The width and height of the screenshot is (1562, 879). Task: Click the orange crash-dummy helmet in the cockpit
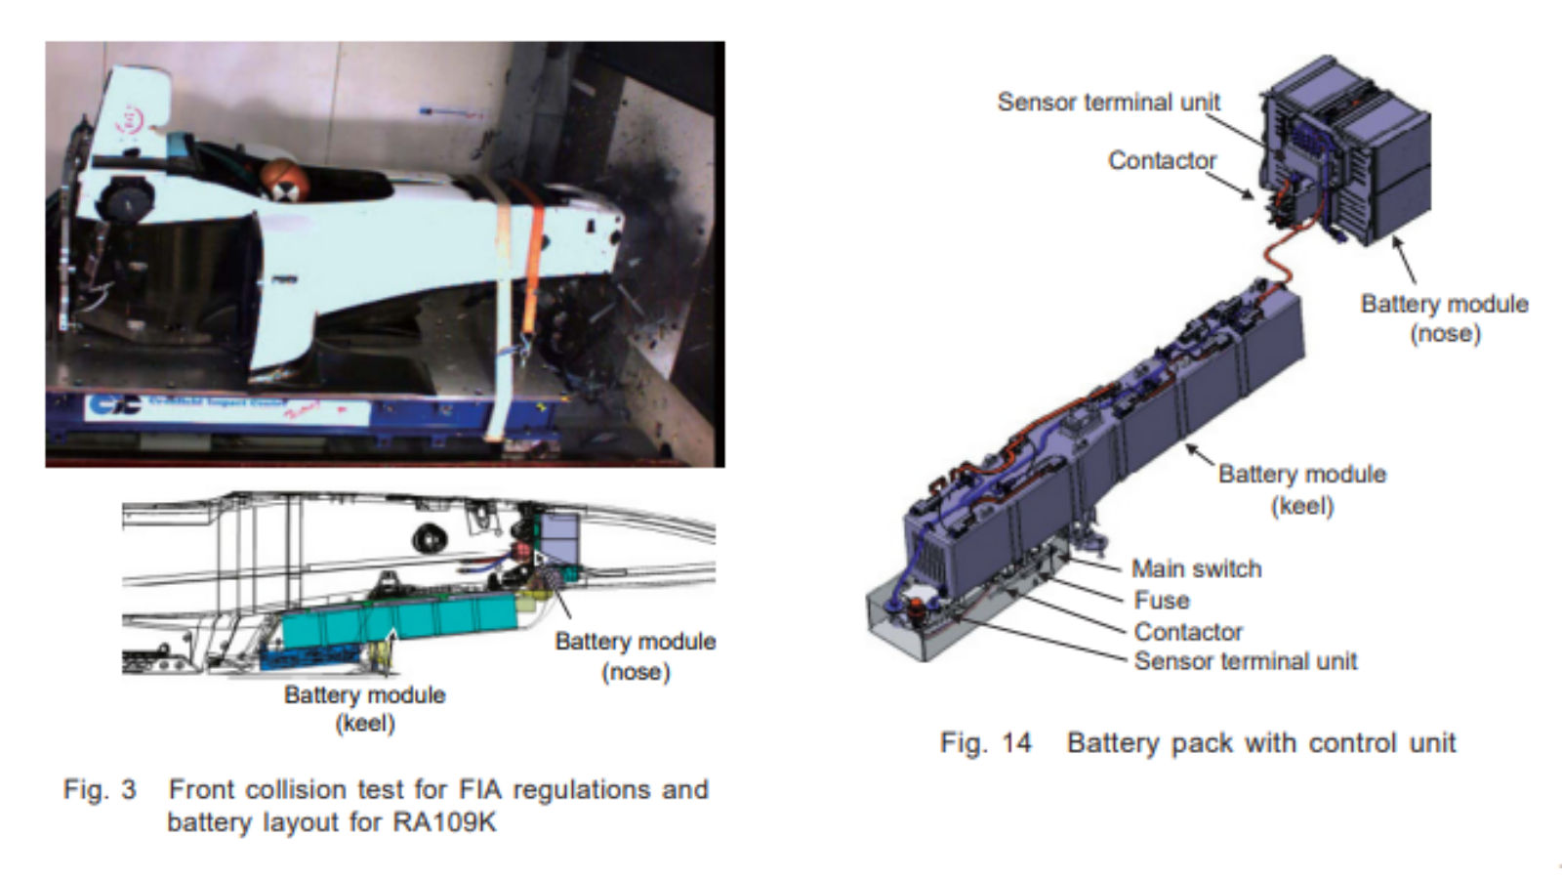(x=280, y=181)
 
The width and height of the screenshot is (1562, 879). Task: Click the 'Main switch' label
(x=1196, y=568)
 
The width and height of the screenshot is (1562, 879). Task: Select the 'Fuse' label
(x=1161, y=600)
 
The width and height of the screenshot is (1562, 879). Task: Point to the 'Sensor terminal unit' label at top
(x=1108, y=102)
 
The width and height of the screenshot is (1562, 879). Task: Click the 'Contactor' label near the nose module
(x=1162, y=160)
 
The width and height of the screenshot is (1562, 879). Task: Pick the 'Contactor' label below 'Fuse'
(x=1187, y=631)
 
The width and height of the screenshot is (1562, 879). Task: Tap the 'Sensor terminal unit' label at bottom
(x=1245, y=661)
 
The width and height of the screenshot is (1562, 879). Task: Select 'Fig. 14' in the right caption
(x=985, y=743)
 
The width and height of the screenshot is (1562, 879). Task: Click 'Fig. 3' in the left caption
(x=100, y=789)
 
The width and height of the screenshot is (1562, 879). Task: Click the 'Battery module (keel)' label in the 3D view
(x=1301, y=488)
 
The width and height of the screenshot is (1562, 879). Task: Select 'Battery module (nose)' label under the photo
(x=635, y=655)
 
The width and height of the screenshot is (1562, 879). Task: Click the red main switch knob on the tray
(x=919, y=613)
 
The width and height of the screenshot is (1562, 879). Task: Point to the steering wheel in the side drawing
(x=428, y=537)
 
